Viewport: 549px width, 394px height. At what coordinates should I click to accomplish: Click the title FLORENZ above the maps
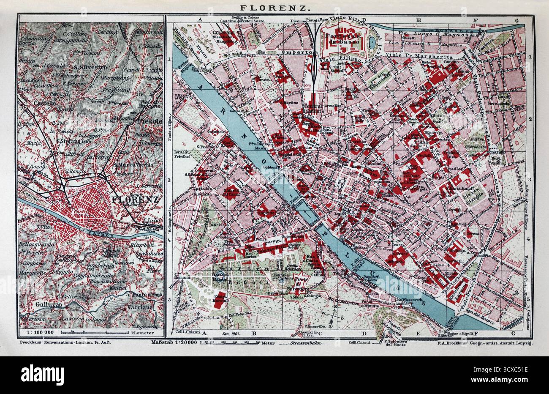[x=274, y=7]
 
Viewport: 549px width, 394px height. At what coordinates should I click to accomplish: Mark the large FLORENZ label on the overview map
[x=135, y=199]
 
